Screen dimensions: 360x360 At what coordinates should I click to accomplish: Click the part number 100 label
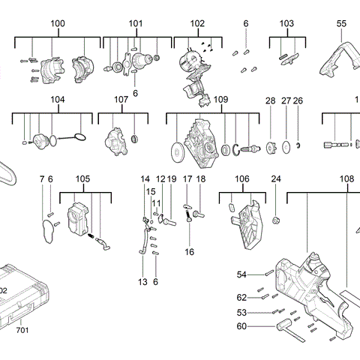[x=58, y=24]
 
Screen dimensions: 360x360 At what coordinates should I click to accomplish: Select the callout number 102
[x=196, y=24]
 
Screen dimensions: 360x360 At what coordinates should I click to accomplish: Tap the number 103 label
[x=286, y=24]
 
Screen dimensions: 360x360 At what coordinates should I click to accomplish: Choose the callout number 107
[x=121, y=100]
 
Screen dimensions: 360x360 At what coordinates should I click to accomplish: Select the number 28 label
[x=271, y=100]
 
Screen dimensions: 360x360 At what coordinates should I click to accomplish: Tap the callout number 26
[x=298, y=100]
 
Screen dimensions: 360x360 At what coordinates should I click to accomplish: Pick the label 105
[x=83, y=178]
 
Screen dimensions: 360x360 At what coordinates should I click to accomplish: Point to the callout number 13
[x=142, y=281]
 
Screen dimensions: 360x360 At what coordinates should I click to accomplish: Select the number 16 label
[x=189, y=251]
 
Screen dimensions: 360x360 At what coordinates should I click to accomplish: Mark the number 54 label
[x=242, y=274]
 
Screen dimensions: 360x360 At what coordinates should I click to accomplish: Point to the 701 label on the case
[x=22, y=329]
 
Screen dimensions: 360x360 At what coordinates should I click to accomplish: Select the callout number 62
[x=242, y=297]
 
